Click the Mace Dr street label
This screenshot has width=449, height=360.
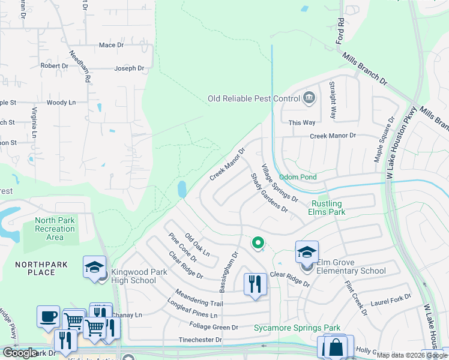[111, 45]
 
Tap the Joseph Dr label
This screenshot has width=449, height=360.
[129, 68]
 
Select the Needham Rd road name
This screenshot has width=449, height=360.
[80, 65]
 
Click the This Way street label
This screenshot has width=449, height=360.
[301, 122]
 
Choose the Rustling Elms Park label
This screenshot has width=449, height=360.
[327, 208]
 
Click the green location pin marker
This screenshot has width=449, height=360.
[258, 242]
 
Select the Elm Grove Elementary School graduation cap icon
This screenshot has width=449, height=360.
[307, 252]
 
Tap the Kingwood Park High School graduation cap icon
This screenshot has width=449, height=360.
[95, 267]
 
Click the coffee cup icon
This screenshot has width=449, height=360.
[48, 316]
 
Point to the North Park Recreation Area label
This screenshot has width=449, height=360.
[55, 229]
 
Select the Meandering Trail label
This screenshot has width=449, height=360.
[199, 296]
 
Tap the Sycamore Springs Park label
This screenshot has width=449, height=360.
[288, 328]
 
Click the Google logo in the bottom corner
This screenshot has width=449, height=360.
[20, 353]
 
